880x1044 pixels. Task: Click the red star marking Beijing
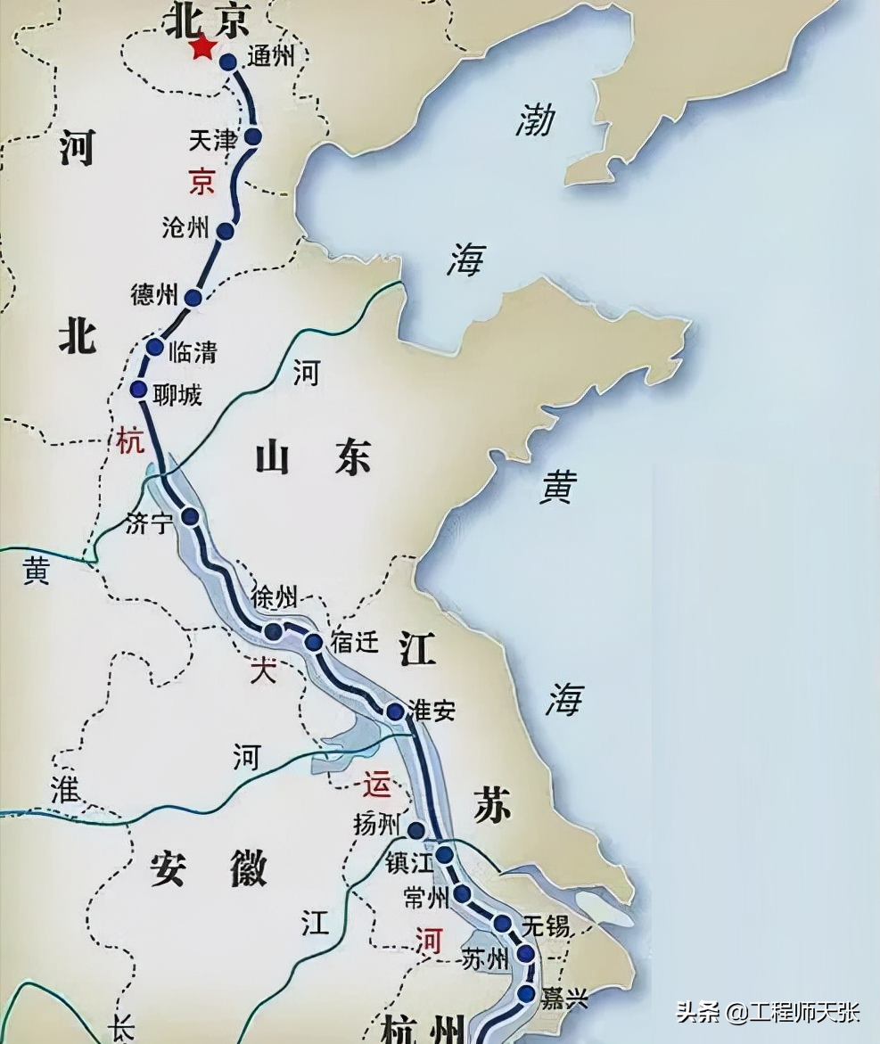[x=204, y=48]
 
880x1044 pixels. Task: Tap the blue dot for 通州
[x=228, y=62]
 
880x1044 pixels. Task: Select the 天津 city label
[x=213, y=141]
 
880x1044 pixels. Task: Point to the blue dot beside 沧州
[x=226, y=232]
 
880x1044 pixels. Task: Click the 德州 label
[x=155, y=296]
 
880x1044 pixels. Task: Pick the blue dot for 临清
[x=155, y=348]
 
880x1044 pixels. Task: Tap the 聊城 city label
[x=177, y=393]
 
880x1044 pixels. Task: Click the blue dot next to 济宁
[x=190, y=516]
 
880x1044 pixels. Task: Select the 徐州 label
[x=276, y=597]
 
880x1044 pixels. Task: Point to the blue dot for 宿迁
[x=314, y=642]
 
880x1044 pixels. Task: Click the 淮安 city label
[x=432, y=711]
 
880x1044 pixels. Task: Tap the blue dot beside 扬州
[x=416, y=831]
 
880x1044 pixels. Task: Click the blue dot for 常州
[x=462, y=893]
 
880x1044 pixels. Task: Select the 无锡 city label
[x=546, y=925]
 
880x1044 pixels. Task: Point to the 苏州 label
[x=486, y=959]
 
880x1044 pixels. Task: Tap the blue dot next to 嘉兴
[x=526, y=993]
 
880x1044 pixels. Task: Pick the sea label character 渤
[x=534, y=120]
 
